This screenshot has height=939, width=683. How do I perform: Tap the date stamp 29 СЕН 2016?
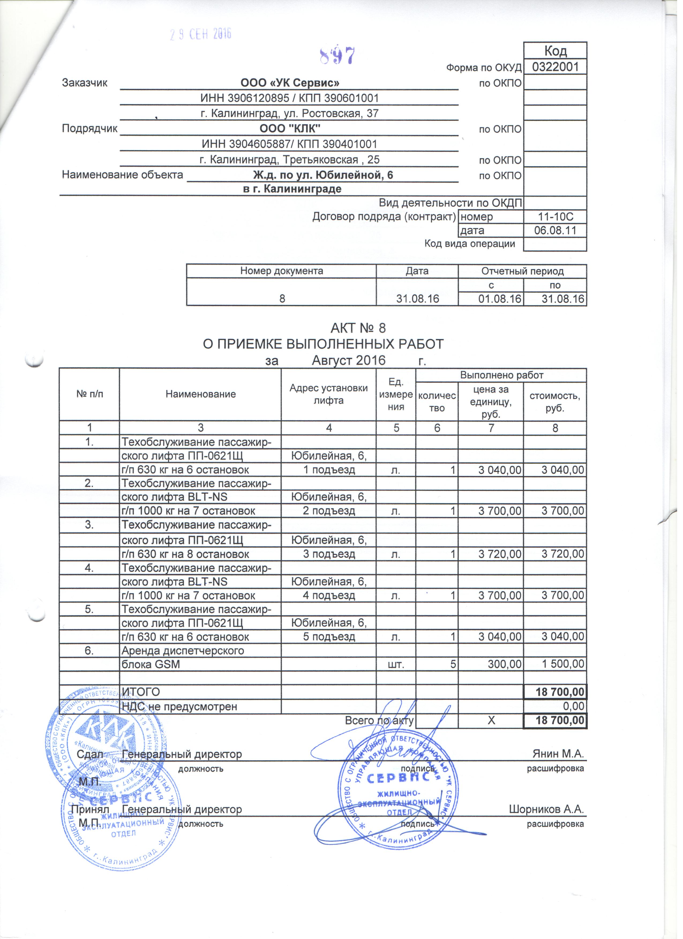pos(202,34)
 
